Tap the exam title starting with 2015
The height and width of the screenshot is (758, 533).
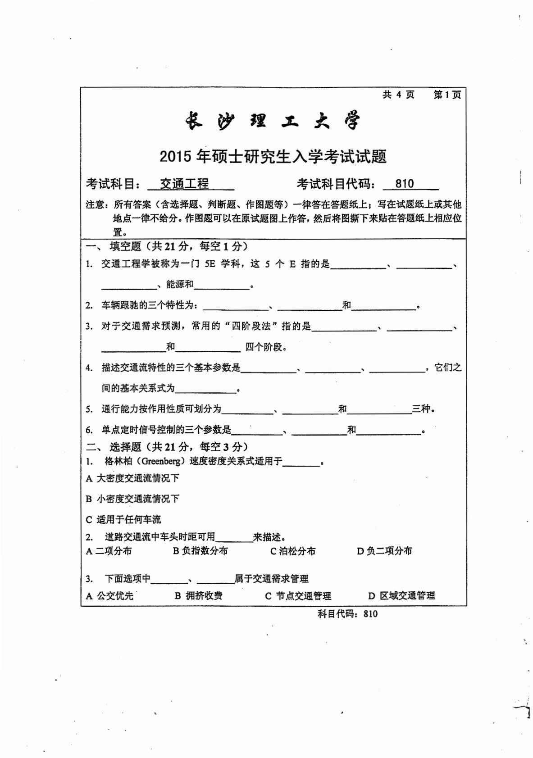(273, 156)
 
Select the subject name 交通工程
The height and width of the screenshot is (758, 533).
(184, 184)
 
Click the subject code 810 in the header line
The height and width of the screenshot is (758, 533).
(404, 184)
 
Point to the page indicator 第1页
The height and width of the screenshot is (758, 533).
(447, 95)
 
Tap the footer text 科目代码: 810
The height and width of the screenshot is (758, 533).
(347, 613)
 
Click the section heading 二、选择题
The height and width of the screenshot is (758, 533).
(119, 446)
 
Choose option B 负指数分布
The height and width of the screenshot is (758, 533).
(200, 550)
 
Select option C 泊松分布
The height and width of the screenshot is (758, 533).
(293, 551)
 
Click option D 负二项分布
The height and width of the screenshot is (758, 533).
(384, 550)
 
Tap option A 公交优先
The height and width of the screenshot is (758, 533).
(110, 595)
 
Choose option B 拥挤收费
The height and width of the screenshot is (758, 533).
(199, 595)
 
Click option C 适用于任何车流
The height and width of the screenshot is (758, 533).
(123, 519)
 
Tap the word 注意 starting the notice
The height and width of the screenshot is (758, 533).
(96, 205)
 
